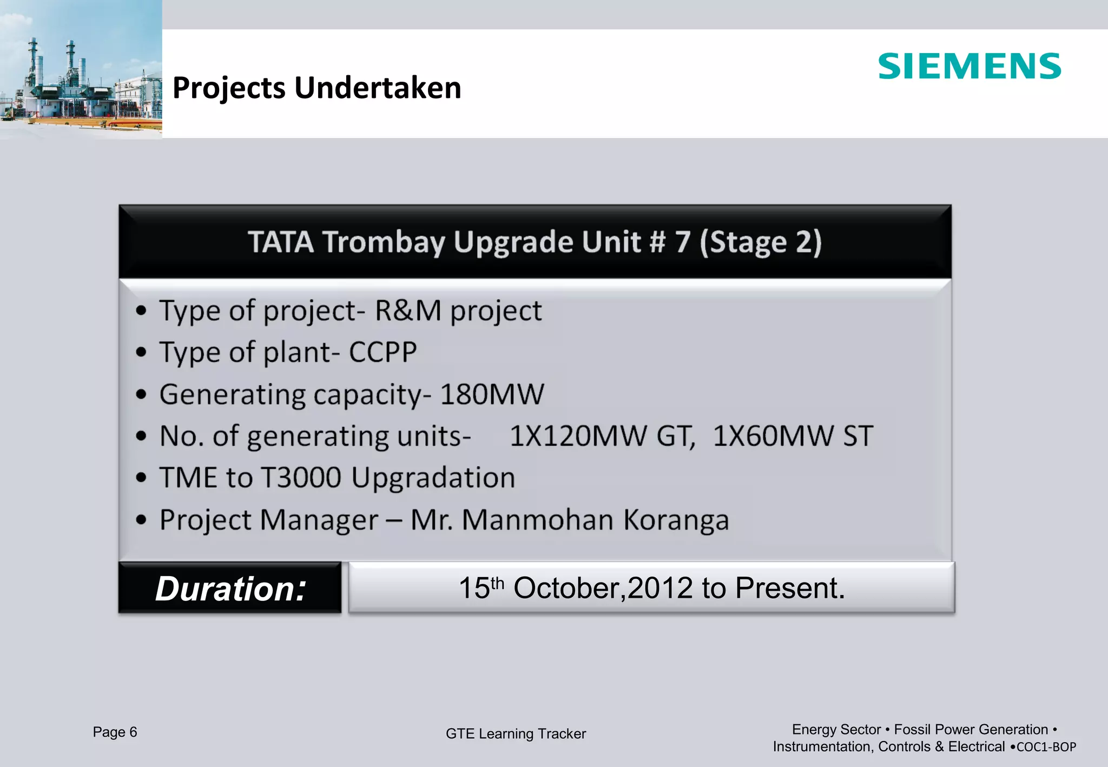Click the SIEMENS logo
tap(969, 67)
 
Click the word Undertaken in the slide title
tap(378, 88)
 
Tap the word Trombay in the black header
tap(384, 242)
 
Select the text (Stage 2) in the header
tap(760, 242)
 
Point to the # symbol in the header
tap(657, 242)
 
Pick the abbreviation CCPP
tap(382, 353)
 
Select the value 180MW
tap(492, 394)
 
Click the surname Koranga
tap(676, 520)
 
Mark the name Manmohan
tap(538, 520)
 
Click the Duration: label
tap(230, 589)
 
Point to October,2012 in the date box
tap(603, 588)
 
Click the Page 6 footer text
tap(115, 732)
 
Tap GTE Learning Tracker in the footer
tap(516, 734)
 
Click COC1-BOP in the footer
tap(1046, 747)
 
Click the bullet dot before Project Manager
tap(141, 520)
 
